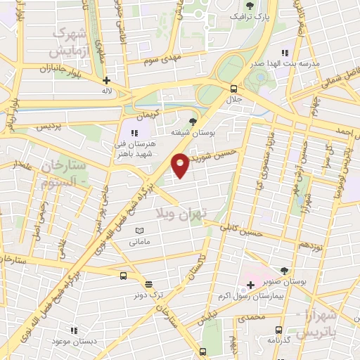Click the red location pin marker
(180, 165)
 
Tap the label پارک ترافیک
(251, 15)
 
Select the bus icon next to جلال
(233, 88)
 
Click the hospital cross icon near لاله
(106, 80)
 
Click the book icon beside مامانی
(139, 231)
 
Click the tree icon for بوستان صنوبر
(283, 271)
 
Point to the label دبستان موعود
(73, 340)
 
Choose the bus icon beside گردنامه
(278, 329)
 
